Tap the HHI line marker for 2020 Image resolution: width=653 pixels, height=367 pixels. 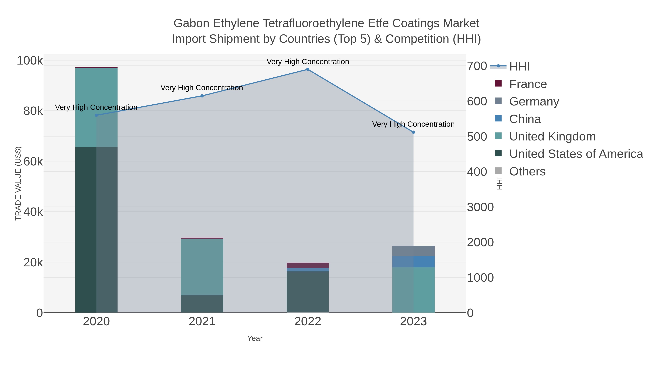96,115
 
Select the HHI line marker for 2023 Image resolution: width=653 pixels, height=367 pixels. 413,132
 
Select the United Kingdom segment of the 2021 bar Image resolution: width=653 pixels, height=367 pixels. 202,267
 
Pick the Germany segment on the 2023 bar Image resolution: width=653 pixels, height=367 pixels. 413,251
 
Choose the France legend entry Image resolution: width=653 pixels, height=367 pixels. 528,84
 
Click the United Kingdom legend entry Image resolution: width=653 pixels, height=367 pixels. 552,136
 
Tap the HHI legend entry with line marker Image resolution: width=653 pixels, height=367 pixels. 519,66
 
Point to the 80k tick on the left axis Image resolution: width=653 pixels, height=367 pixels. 33,111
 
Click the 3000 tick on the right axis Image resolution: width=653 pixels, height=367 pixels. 480,207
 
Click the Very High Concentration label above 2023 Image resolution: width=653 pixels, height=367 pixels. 413,124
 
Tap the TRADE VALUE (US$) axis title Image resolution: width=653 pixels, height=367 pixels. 18,183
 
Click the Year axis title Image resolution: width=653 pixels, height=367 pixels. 255,338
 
